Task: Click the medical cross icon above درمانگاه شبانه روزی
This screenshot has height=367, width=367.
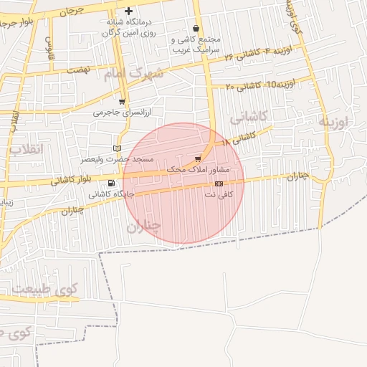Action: [x=128, y=11]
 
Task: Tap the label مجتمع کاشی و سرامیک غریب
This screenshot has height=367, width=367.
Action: [x=197, y=44]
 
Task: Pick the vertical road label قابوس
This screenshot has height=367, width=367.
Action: [x=49, y=48]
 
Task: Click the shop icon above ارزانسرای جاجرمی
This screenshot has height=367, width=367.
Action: [x=122, y=102]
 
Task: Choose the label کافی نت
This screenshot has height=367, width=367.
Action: [x=226, y=194]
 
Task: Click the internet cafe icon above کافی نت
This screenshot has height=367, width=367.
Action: [x=218, y=183]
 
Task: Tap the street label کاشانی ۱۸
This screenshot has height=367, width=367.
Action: [x=239, y=138]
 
